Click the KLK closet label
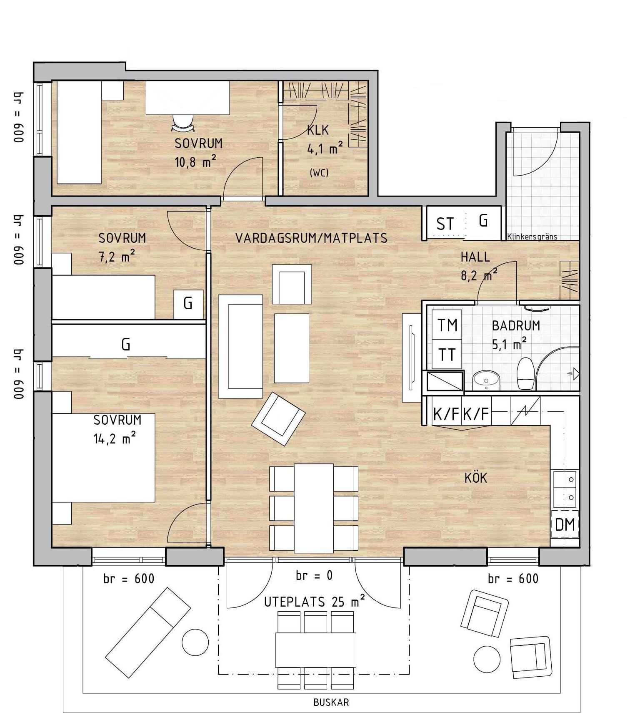pos(318,130)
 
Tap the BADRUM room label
pos(516,325)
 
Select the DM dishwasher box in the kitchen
pos(565,524)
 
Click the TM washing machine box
pos(447,325)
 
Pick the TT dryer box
pos(447,355)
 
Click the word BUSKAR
pos(331,703)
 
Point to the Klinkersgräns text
pos(532,237)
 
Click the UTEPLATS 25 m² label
pos(315,602)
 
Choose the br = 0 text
pos(314,576)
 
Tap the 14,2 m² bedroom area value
pos(115,438)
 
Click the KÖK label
pos(475,478)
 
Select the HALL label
pos(475,257)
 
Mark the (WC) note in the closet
pos(319,173)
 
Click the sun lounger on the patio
pos(148,632)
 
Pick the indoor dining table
pos(314,508)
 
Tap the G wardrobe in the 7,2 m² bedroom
pos(188,304)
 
